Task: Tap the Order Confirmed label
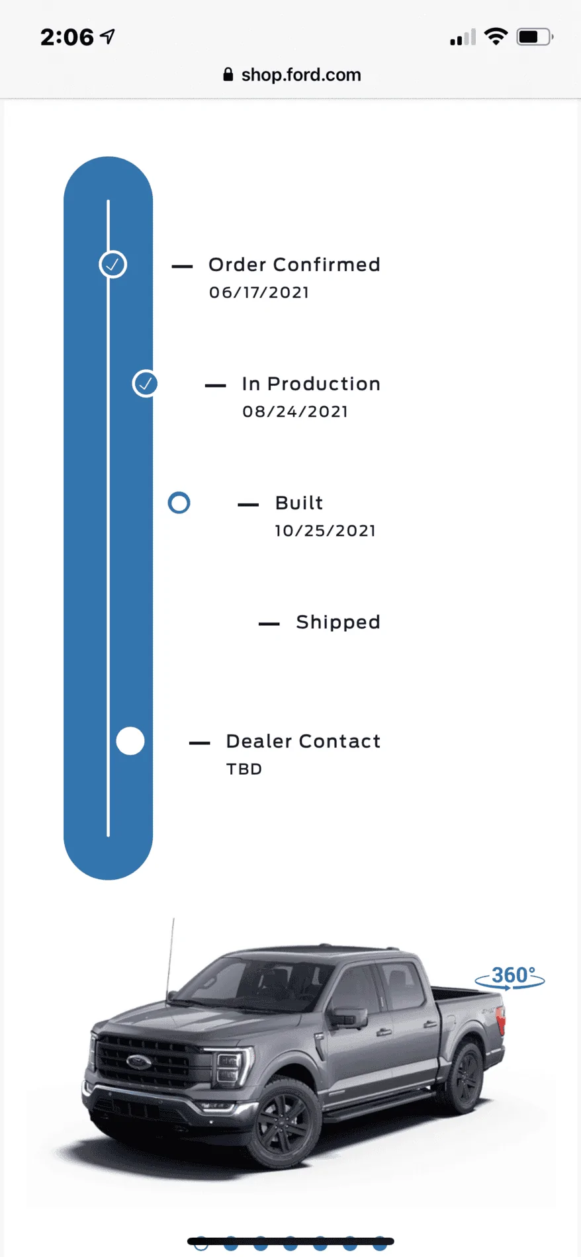click(x=294, y=265)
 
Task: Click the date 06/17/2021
click(x=259, y=292)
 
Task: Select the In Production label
click(x=311, y=384)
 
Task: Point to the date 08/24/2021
click(x=295, y=412)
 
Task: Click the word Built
click(x=299, y=503)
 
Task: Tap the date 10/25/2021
click(x=326, y=531)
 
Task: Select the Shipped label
click(x=338, y=623)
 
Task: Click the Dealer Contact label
click(x=303, y=741)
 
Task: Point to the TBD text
click(x=244, y=769)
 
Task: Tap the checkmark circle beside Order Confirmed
click(x=113, y=265)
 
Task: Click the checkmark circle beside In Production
click(x=146, y=384)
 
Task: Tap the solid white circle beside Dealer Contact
click(x=130, y=741)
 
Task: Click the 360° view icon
click(x=510, y=976)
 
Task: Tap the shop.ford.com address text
click(x=301, y=75)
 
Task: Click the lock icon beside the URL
click(x=228, y=74)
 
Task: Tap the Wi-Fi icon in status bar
click(x=496, y=36)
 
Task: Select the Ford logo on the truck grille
click(x=139, y=1062)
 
